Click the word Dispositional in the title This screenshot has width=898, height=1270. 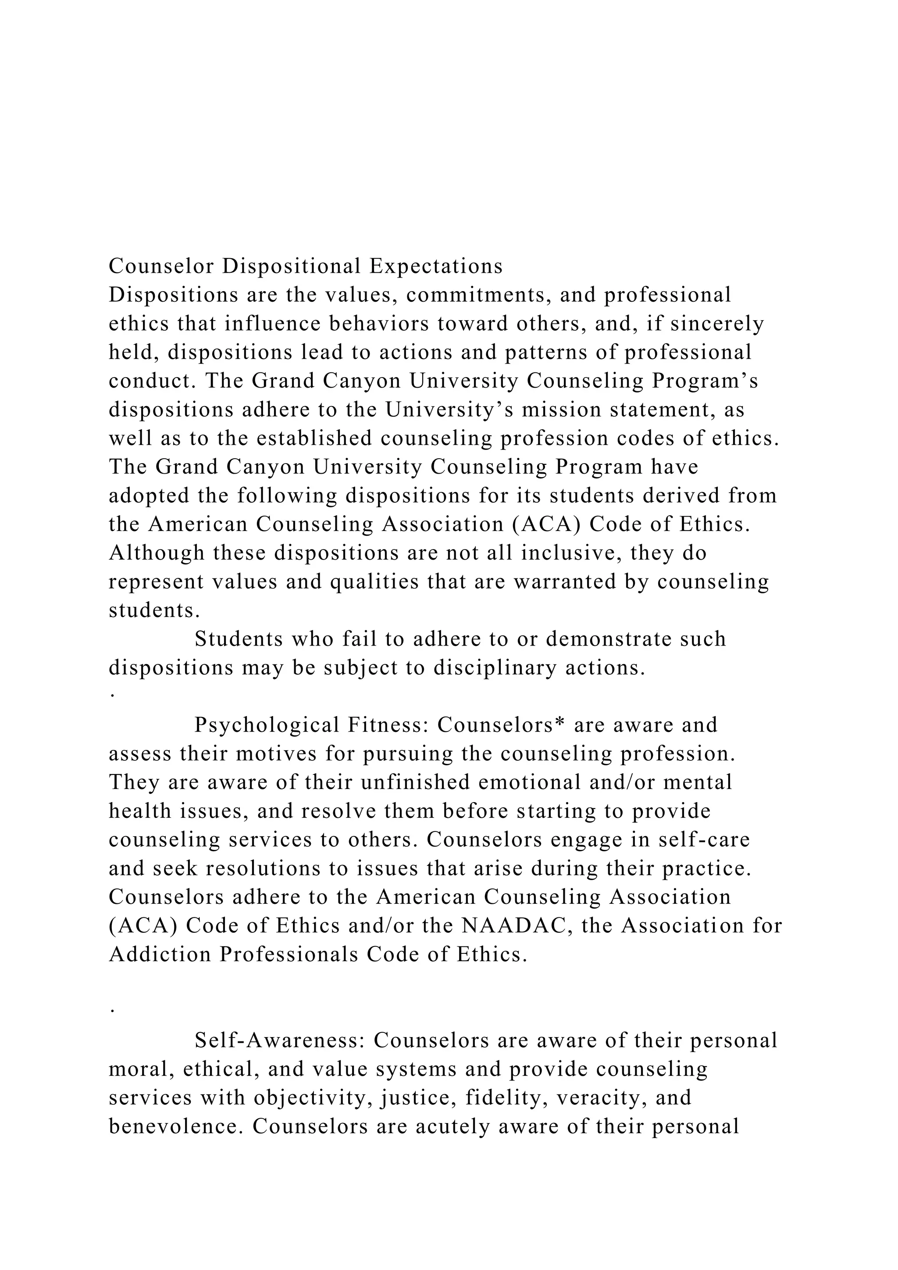(292, 267)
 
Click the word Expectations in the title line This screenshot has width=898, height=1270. (436, 267)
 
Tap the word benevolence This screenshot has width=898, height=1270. (176, 1127)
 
